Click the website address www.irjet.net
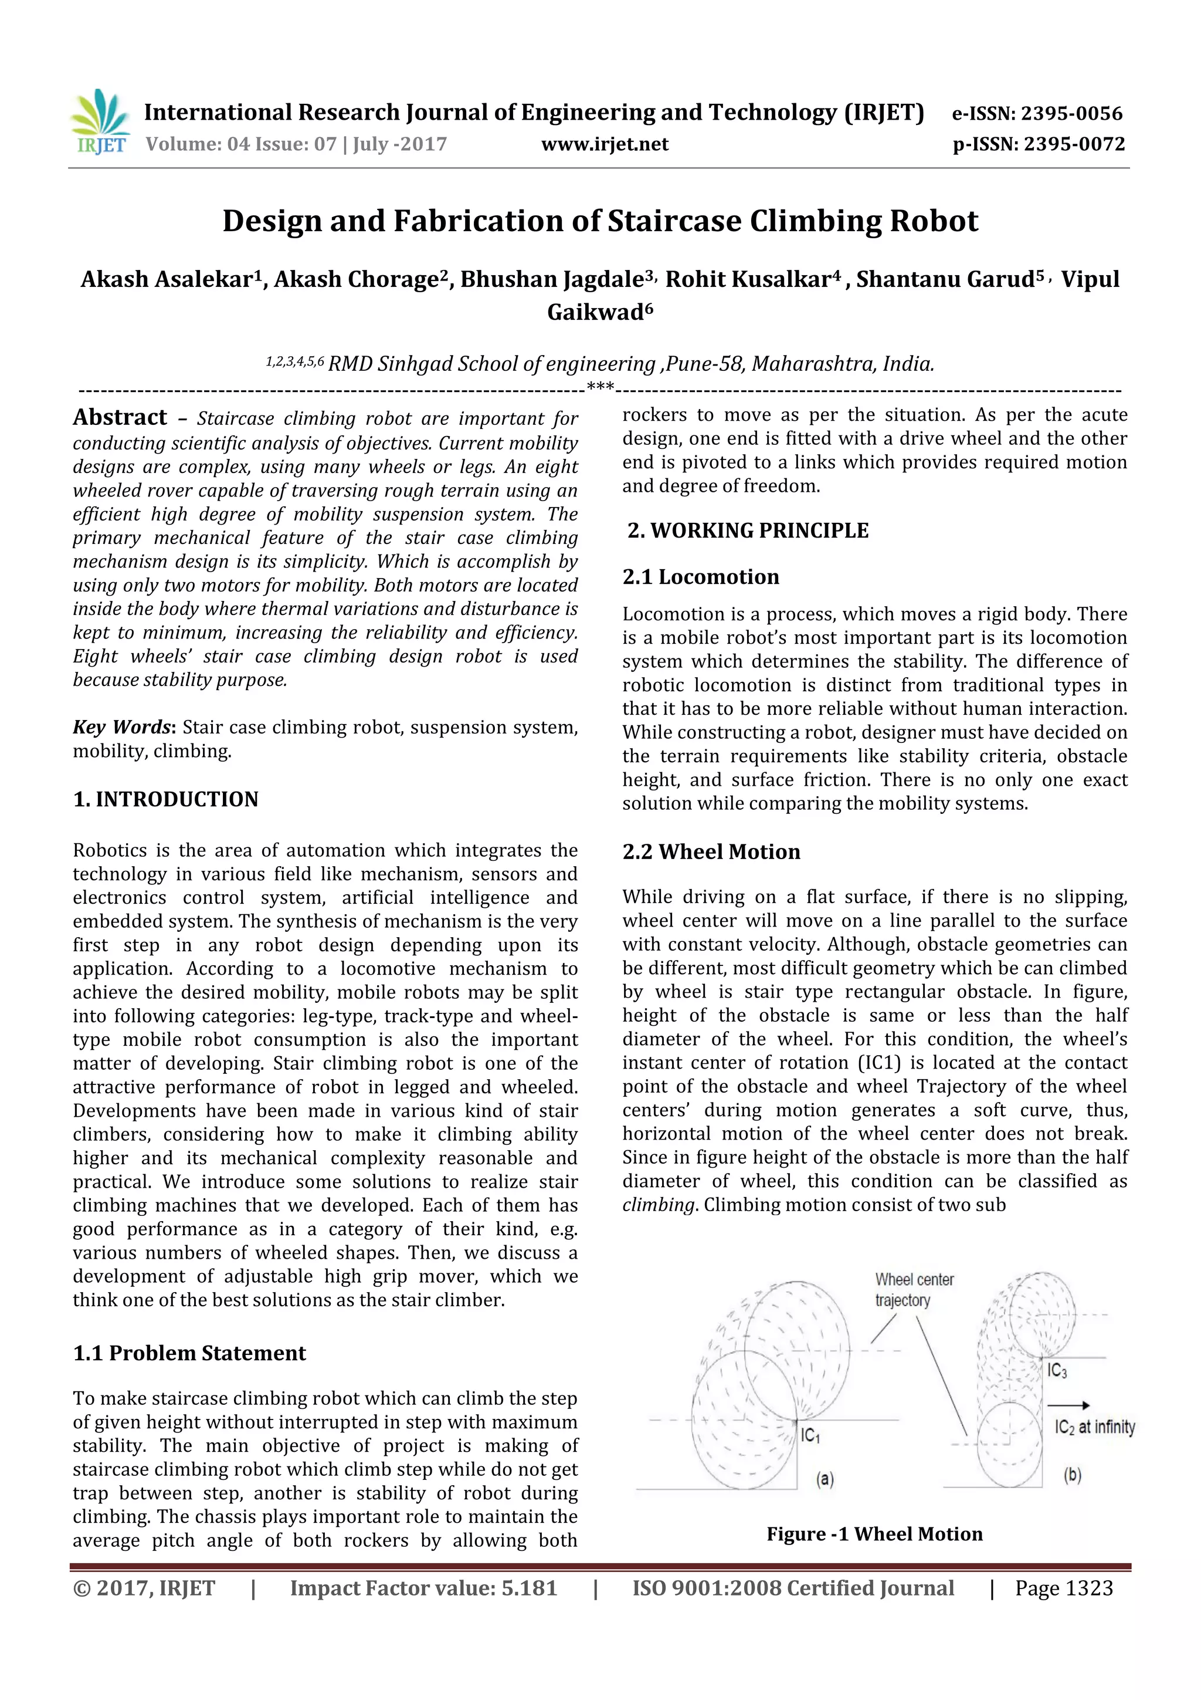click(605, 144)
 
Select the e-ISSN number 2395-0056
click(1071, 113)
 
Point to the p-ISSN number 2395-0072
click(1074, 144)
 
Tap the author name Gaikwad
click(599, 312)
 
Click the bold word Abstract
click(120, 418)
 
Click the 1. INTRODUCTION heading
click(166, 800)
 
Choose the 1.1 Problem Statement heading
click(189, 1353)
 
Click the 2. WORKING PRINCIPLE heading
click(748, 531)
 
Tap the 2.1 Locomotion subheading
click(701, 577)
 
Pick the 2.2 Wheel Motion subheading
click(711, 851)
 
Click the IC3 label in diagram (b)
click(1057, 1371)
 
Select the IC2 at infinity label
click(1094, 1427)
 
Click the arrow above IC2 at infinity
click(1068, 1405)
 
